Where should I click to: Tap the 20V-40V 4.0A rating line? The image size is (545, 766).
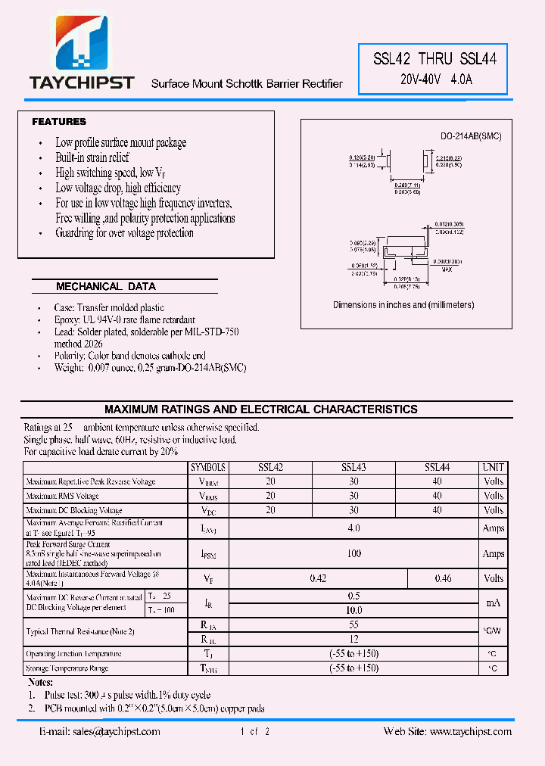click(436, 79)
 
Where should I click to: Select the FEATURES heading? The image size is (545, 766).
click(59, 122)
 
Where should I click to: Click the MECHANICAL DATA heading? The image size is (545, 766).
click(106, 287)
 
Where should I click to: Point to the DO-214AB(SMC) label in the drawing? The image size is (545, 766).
click(471, 136)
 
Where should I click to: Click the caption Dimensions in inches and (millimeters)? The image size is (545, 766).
click(403, 305)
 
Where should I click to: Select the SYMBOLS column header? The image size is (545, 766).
click(208, 468)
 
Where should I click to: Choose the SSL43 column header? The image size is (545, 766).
click(353, 468)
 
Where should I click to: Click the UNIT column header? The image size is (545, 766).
click(493, 468)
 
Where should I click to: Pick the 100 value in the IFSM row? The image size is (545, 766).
click(353, 554)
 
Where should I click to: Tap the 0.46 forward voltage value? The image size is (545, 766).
click(443, 579)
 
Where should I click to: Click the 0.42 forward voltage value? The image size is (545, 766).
click(318, 579)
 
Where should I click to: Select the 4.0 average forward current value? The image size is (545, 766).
click(353, 528)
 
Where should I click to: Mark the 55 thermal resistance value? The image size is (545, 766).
click(353, 624)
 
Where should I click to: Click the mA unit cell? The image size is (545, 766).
click(493, 603)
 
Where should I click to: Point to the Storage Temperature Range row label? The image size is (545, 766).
click(67, 668)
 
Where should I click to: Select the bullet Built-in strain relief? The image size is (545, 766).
click(92, 157)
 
